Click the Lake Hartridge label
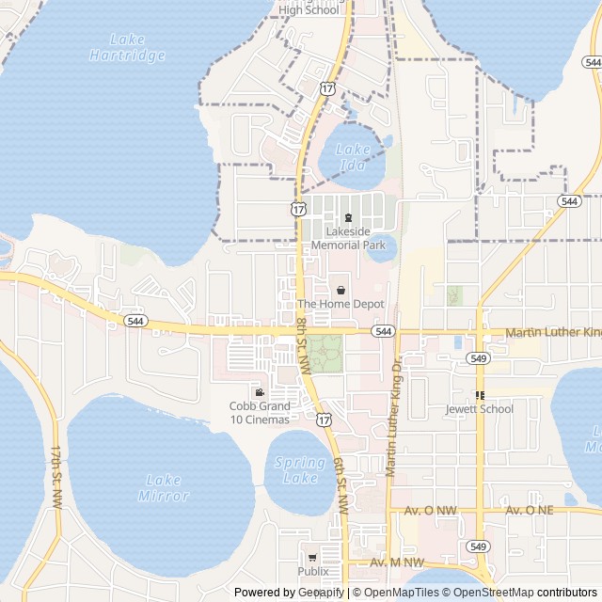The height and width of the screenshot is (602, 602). pyautogui.click(x=126, y=47)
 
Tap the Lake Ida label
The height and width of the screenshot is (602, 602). pyautogui.click(x=354, y=157)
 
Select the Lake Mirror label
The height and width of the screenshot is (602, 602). pyautogui.click(x=164, y=487)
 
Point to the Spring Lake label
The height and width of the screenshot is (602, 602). pyautogui.click(x=300, y=470)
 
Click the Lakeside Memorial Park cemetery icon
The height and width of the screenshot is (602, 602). pyautogui.click(x=348, y=218)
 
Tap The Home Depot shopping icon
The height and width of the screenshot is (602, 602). pyautogui.click(x=341, y=291)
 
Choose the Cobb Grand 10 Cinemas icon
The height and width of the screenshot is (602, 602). pyautogui.click(x=260, y=392)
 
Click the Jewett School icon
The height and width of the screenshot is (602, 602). pyautogui.click(x=480, y=396)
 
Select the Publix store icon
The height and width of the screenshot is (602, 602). pyautogui.click(x=312, y=558)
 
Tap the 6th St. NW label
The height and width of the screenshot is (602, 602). pyautogui.click(x=340, y=484)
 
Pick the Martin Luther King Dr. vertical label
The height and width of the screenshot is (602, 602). pyautogui.click(x=392, y=414)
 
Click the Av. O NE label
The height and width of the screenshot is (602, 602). pyautogui.click(x=530, y=510)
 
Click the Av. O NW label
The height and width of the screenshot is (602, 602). pyautogui.click(x=430, y=510)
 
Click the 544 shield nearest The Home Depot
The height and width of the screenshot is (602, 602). pyautogui.click(x=382, y=332)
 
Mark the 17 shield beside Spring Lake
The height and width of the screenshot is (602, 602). pyautogui.click(x=324, y=419)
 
